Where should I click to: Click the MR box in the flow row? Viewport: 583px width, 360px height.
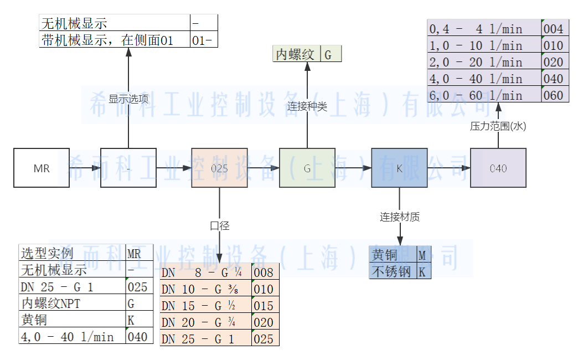[x=42, y=168]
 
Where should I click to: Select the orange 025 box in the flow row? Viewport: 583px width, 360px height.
[x=219, y=168]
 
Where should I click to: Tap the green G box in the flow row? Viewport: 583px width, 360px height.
[x=307, y=168]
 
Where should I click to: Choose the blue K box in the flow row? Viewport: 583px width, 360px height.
[x=399, y=168]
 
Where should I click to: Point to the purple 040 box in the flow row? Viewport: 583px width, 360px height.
[x=498, y=168]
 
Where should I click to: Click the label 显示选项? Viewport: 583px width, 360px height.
[x=128, y=99]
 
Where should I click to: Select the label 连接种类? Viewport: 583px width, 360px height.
[x=307, y=106]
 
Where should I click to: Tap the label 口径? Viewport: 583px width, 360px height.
[x=219, y=225]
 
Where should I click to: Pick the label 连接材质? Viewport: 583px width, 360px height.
[x=399, y=217]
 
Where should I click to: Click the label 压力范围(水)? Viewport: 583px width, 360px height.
[x=498, y=126]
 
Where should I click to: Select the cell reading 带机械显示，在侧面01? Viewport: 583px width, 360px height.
[x=115, y=40]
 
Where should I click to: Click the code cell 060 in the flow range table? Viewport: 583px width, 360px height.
[x=553, y=95]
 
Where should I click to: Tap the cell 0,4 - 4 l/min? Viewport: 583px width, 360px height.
[x=484, y=29]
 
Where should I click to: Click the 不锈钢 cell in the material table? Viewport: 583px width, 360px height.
[x=393, y=271]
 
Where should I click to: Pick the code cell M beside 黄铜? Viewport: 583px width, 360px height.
[x=424, y=255]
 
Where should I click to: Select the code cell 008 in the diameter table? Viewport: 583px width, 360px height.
[x=263, y=272]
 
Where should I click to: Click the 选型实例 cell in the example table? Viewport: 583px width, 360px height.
[x=72, y=254]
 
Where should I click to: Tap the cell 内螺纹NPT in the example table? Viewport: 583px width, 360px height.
[x=72, y=304]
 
